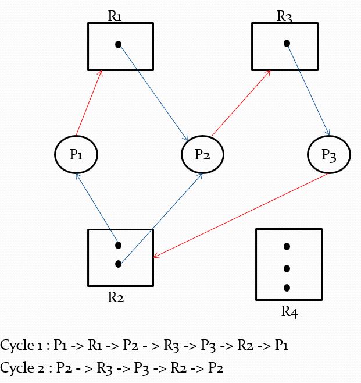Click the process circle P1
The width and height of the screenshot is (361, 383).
(76, 154)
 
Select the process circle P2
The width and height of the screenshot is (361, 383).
(202, 154)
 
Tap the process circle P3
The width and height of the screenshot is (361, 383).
(328, 155)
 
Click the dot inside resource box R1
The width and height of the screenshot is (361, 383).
(118, 44)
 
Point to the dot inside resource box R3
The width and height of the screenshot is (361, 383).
(287, 43)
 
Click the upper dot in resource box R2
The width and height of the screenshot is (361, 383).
(118, 245)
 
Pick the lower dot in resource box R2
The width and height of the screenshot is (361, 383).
(118, 264)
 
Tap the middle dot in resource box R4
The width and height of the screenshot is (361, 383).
(287, 268)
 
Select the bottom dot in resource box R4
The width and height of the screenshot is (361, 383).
(287, 288)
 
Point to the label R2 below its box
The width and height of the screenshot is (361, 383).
(116, 297)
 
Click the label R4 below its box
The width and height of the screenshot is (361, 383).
(289, 312)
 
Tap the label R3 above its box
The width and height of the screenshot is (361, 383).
(284, 16)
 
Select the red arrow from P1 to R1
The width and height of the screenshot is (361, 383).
(90, 102)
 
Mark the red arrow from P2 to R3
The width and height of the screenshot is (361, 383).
(241, 104)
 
